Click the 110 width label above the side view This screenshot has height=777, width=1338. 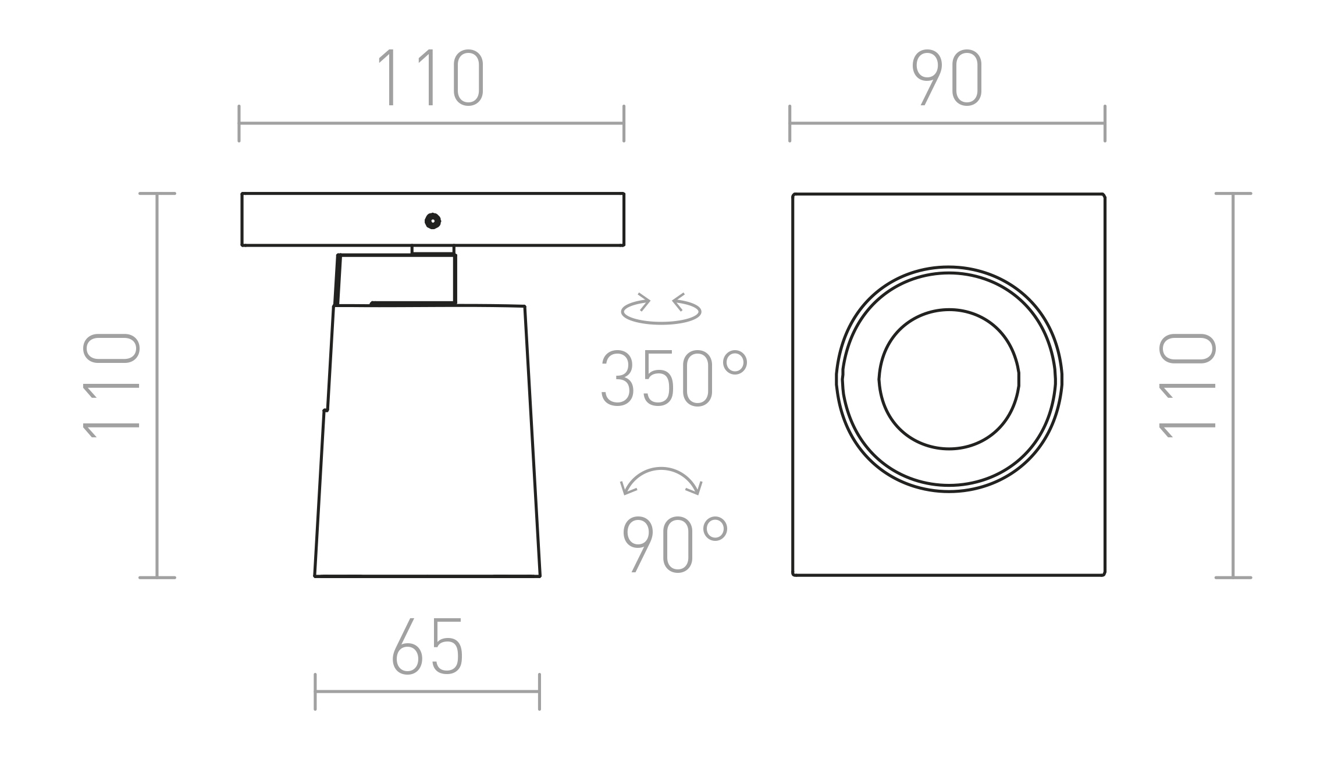[x=430, y=77]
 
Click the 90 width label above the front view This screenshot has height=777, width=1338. [x=947, y=77]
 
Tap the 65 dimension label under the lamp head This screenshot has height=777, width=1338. [x=428, y=646]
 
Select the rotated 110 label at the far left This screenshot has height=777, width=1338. [x=111, y=385]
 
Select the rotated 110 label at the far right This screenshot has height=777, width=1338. [x=1187, y=385]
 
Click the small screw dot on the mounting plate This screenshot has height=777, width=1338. [x=432, y=221]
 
